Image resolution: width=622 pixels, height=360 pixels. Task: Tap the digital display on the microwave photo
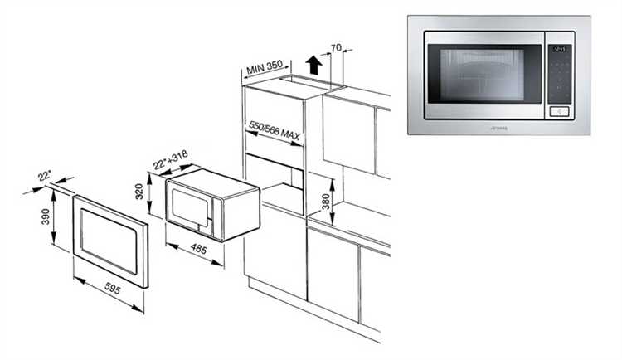click(560, 48)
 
